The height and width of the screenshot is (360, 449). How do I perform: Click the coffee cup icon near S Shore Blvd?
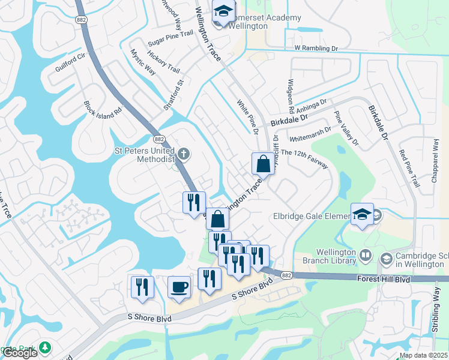tap(179, 287)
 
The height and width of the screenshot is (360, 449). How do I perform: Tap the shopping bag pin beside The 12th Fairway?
tap(263, 163)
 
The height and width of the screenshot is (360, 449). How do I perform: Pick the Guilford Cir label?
tap(71, 61)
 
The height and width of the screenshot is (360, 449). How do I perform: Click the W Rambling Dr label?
tap(316, 48)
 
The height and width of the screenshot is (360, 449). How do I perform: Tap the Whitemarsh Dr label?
tap(310, 133)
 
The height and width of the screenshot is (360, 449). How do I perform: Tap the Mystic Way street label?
tap(143, 61)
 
